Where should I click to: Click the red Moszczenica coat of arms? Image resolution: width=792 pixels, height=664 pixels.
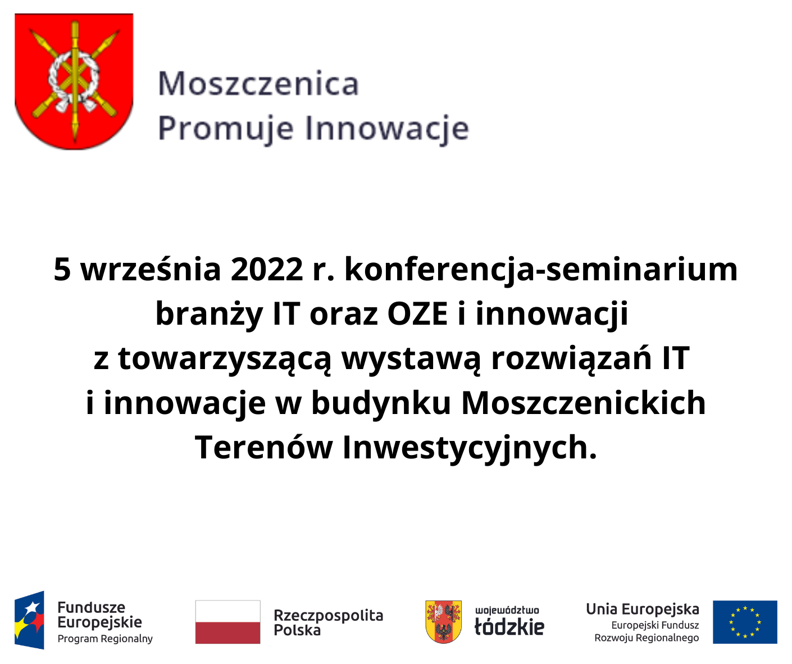click(74, 81)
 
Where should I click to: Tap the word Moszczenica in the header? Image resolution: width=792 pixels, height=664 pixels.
click(258, 84)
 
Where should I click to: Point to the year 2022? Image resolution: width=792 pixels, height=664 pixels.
click(266, 269)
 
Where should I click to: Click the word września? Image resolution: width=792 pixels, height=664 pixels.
click(151, 269)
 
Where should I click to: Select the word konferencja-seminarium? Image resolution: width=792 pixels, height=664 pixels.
click(540, 269)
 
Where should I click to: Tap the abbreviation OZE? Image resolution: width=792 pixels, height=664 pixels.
click(417, 313)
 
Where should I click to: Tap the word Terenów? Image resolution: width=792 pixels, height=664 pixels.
click(263, 448)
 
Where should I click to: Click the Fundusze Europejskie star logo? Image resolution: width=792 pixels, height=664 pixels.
click(30, 620)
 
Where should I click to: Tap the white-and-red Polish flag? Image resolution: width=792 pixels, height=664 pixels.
click(227, 622)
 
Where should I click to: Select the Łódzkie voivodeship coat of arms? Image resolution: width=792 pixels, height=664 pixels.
click(443, 621)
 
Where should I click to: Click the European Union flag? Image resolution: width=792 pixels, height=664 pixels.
click(745, 622)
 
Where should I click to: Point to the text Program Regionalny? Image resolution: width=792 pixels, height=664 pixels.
click(105, 639)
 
